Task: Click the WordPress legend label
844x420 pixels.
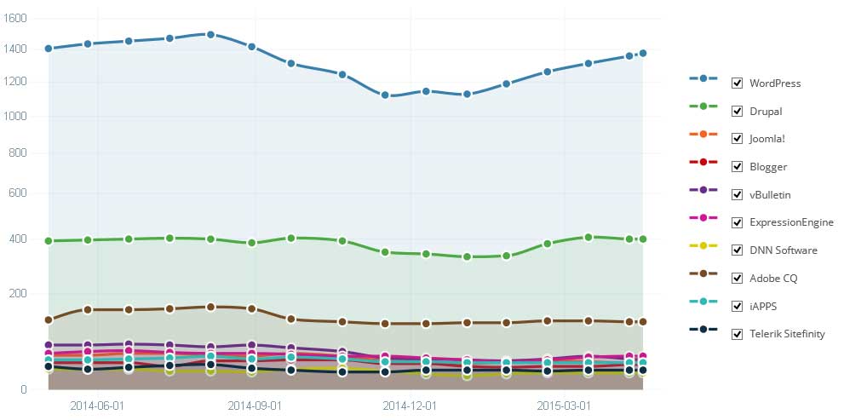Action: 774,83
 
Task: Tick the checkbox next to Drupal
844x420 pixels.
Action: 738,112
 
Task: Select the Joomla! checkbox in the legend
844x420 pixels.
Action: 738,139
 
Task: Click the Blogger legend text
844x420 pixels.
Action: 767,167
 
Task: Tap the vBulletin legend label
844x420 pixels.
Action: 769,195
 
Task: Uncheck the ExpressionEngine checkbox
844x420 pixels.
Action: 738,222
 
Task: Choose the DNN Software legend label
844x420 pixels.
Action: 783,250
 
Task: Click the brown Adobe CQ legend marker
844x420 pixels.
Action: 703,278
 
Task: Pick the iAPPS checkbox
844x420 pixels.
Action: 738,306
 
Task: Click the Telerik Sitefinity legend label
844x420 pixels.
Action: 786,334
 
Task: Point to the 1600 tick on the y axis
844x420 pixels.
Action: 17,18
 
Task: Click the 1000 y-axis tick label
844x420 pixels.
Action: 17,117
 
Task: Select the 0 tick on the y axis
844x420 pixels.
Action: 25,390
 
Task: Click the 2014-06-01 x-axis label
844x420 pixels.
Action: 97,406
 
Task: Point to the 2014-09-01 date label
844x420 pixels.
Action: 255,406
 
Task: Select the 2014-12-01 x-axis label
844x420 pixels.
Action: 410,406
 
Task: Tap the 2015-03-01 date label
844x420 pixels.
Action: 564,406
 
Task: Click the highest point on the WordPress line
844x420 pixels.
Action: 210,34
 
